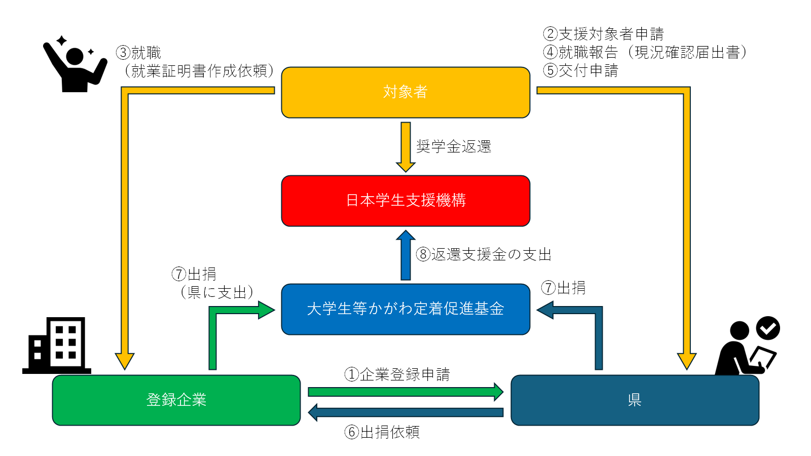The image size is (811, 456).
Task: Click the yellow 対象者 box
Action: (405, 92)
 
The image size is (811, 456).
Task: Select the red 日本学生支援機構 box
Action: (405, 201)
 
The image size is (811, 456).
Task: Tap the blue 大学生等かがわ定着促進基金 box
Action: (405, 309)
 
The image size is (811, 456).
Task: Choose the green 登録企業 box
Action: (176, 400)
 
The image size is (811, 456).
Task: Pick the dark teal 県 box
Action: (635, 400)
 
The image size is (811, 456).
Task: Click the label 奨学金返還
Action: (454, 147)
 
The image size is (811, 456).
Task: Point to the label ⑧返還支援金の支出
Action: (484, 254)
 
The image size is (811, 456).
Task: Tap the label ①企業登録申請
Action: (397, 374)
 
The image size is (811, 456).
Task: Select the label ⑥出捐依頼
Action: (382, 432)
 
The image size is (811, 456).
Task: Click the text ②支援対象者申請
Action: (603, 34)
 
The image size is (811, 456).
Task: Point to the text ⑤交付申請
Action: (580, 70)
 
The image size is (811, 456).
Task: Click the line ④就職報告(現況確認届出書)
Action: (645, 52)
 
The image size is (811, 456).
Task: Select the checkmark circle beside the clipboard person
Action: (768, 328)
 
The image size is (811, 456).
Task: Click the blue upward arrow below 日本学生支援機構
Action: (405, 255)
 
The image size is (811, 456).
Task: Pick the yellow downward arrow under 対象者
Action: (405, 146)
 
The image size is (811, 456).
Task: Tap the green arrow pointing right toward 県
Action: (405, 392)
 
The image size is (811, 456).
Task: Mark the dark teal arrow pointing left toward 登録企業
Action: (405, 412)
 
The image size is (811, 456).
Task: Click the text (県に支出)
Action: (217, 292)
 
